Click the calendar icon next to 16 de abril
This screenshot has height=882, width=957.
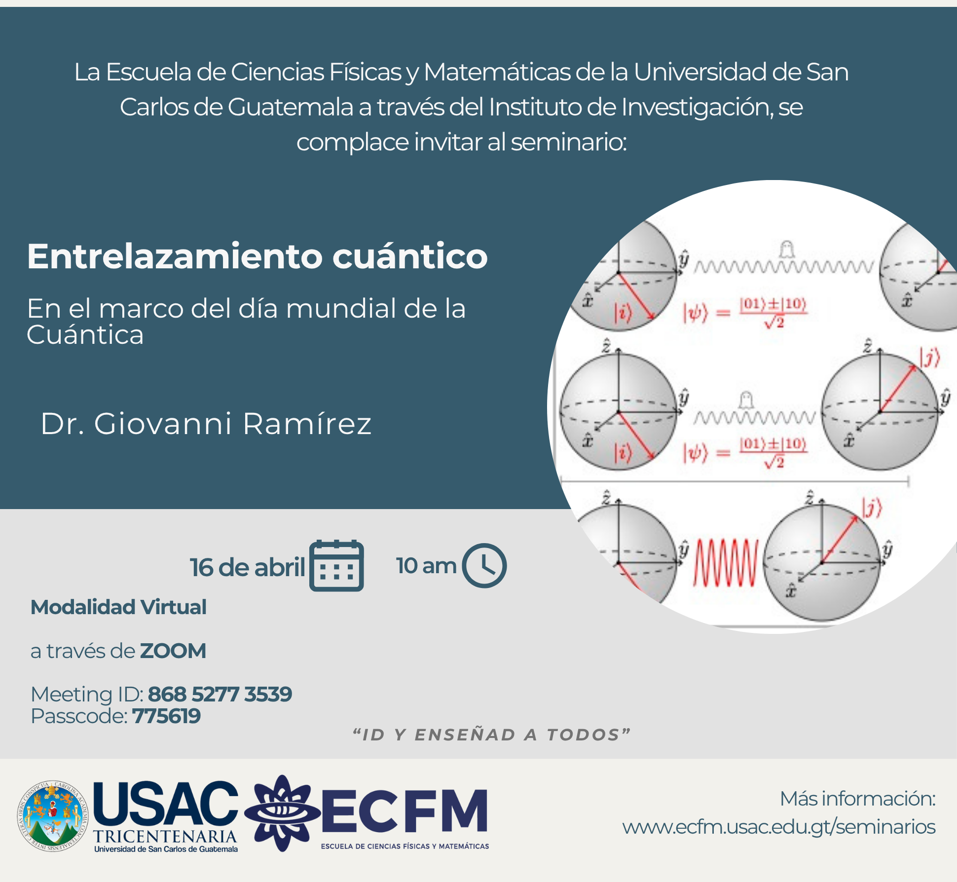pos(336,566)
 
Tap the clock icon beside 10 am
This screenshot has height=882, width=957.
pos(484,565)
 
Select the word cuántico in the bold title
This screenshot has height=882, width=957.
pos(410,257)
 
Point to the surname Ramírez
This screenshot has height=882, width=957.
pos(307,424)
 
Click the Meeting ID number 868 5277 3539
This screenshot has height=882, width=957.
pos(220,694)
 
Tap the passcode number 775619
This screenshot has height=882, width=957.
pos(166,716)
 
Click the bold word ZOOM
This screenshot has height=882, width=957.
pos(173,651)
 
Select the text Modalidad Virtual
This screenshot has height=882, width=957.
pos(118,607)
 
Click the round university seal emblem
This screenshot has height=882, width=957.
pos(52,816)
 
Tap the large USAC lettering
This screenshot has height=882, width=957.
pos(165,803)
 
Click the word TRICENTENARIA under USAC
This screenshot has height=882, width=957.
pos(165,836)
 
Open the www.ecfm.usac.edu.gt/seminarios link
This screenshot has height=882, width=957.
pos(778,827)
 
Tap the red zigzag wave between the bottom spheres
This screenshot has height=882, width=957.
pos(725,563)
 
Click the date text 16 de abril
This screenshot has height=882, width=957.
pos(247,567)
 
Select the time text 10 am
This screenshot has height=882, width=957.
pos(426,566)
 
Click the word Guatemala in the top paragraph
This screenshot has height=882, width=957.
pos(291,107)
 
